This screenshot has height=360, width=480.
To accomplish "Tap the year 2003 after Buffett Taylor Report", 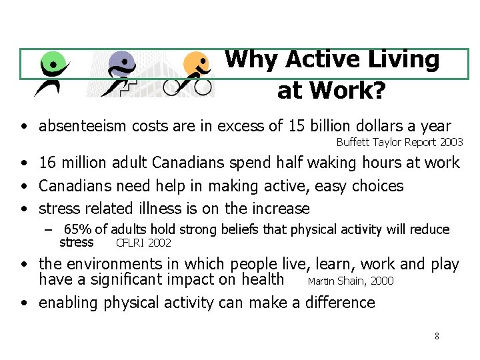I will (451, 142).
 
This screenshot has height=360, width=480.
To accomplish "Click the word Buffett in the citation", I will (353, 142).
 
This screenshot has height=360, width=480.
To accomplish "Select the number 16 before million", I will (48, 162).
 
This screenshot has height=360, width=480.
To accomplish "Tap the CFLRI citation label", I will (131, 243).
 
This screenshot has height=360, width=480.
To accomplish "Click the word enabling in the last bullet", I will (67, 303).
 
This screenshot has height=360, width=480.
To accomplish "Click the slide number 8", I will (437, 336).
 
